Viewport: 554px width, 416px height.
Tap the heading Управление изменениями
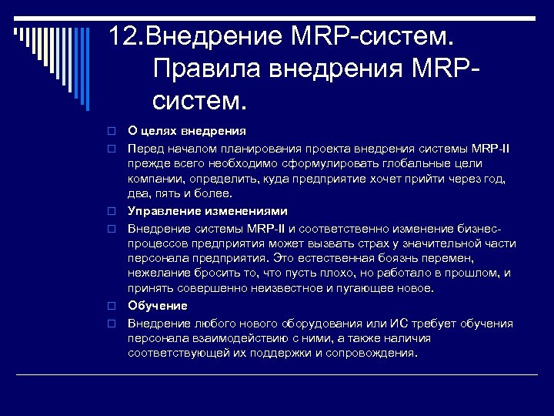click(208, 211)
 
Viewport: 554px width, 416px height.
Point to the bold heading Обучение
click(157, 306)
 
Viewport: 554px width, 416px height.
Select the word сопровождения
click(374, 354)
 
